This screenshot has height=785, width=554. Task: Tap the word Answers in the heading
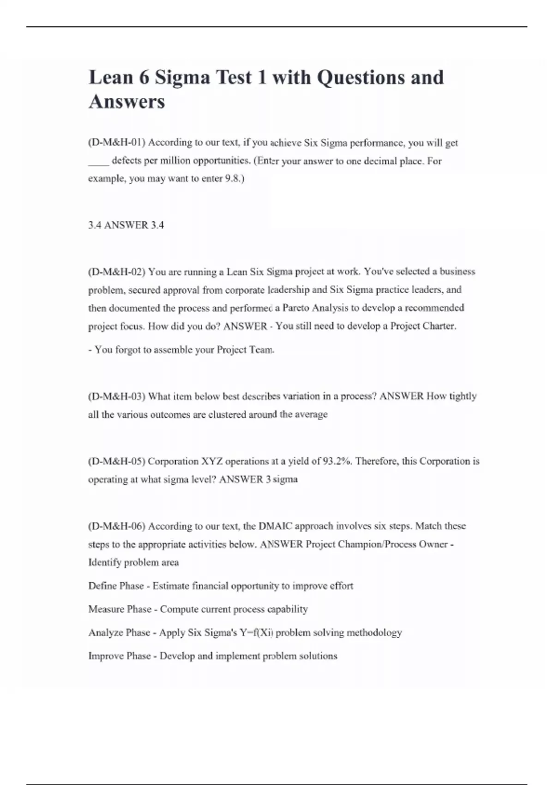(126, 102)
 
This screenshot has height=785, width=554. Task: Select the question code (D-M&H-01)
(116, 143)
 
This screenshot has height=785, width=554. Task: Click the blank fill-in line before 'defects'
(98, 162)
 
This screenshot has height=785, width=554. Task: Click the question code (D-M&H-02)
(116, 272)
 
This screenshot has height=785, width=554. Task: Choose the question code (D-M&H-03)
(116, 397)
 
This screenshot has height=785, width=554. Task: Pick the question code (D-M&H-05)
(116, 461)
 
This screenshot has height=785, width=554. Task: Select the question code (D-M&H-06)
(116, 526)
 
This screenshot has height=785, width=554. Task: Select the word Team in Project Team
(261, 350)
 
